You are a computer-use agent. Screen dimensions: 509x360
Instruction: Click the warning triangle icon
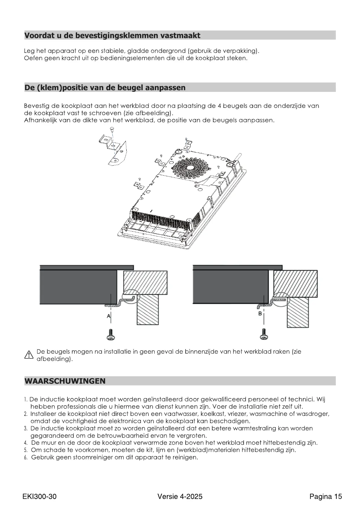tap(28, 355)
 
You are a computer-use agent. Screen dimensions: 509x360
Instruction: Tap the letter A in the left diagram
tap(109, 316)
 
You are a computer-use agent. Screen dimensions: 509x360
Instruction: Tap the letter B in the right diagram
tap(260, 314)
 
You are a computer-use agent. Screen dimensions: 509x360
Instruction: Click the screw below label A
tap(111, 335)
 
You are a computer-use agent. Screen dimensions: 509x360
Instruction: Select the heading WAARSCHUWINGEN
tap(65, 381)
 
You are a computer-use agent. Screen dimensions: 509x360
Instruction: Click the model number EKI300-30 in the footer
tap(39, 497)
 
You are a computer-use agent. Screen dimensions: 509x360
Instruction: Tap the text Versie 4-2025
tap(180, 497)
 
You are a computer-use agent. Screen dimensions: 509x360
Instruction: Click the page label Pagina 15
tap(326, 497)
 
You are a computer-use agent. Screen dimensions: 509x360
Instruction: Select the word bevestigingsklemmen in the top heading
tap(117, 36)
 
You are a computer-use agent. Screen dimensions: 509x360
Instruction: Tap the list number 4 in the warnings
tap(26, 443)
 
